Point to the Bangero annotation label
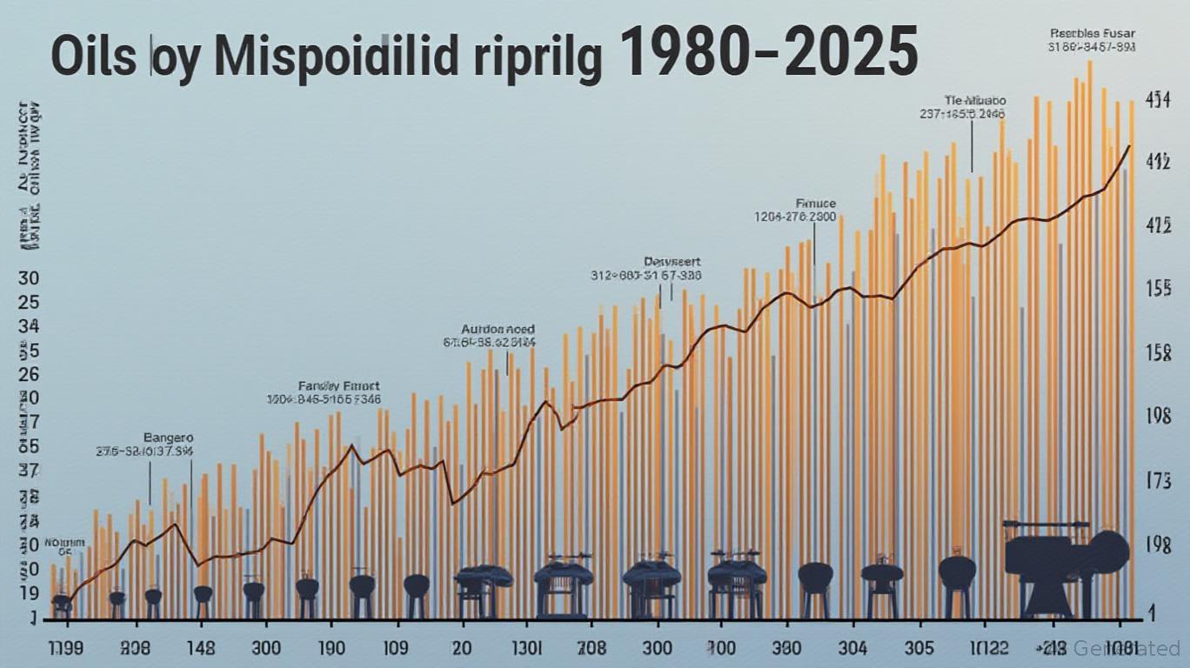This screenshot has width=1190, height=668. tap(168, 438)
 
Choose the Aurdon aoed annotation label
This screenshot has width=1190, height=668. tap(497, 330)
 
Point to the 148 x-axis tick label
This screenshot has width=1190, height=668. tap(201, 648)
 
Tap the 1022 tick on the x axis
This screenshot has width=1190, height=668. tap(985, 648)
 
